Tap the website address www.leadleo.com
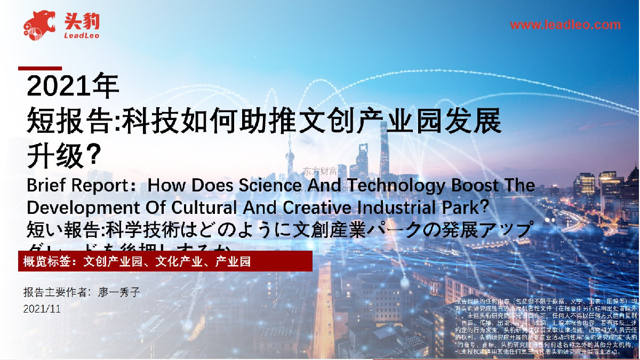click(565, 25)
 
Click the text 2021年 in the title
click(74, 86)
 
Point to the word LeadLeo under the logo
click(81, 36)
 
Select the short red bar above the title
click(40, 68)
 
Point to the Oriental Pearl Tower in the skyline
click(290, 155)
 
